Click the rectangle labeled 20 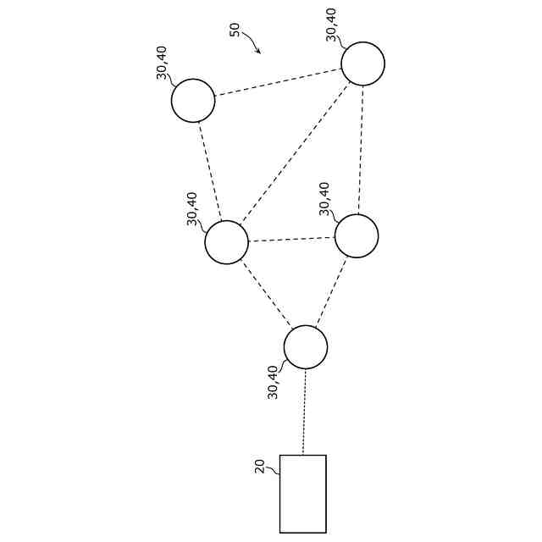point(302,494)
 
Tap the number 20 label point(260,466)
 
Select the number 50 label point(235,30)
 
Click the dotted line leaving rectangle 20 point(304,412)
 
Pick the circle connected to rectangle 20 point(305,347)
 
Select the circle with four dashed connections point(226,242)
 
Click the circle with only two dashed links point(193,101)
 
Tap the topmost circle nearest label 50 point(362,64)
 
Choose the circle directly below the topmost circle point(356,235)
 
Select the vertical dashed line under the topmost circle point(360,149)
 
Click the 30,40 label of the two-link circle point(163,61)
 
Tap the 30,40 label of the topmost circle point(331,24)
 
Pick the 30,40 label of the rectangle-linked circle point(273,382)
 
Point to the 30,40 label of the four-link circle point(192,208)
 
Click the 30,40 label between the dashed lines point(324,199)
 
